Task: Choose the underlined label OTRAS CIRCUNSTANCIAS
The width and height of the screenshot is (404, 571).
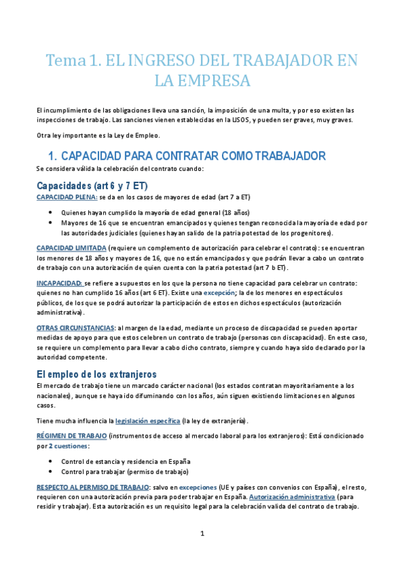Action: point(75,327)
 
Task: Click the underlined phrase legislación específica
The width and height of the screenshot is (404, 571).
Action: point(148,421)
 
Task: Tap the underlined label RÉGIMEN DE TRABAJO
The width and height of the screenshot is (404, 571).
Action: point(71,436)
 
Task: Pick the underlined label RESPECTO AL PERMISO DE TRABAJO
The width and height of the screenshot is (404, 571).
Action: point(93,487)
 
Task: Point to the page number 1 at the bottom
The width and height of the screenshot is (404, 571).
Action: point(202,534)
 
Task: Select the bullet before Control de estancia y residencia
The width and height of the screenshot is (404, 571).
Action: point(51,462)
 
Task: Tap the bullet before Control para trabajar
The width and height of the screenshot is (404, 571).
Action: point(51,471)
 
